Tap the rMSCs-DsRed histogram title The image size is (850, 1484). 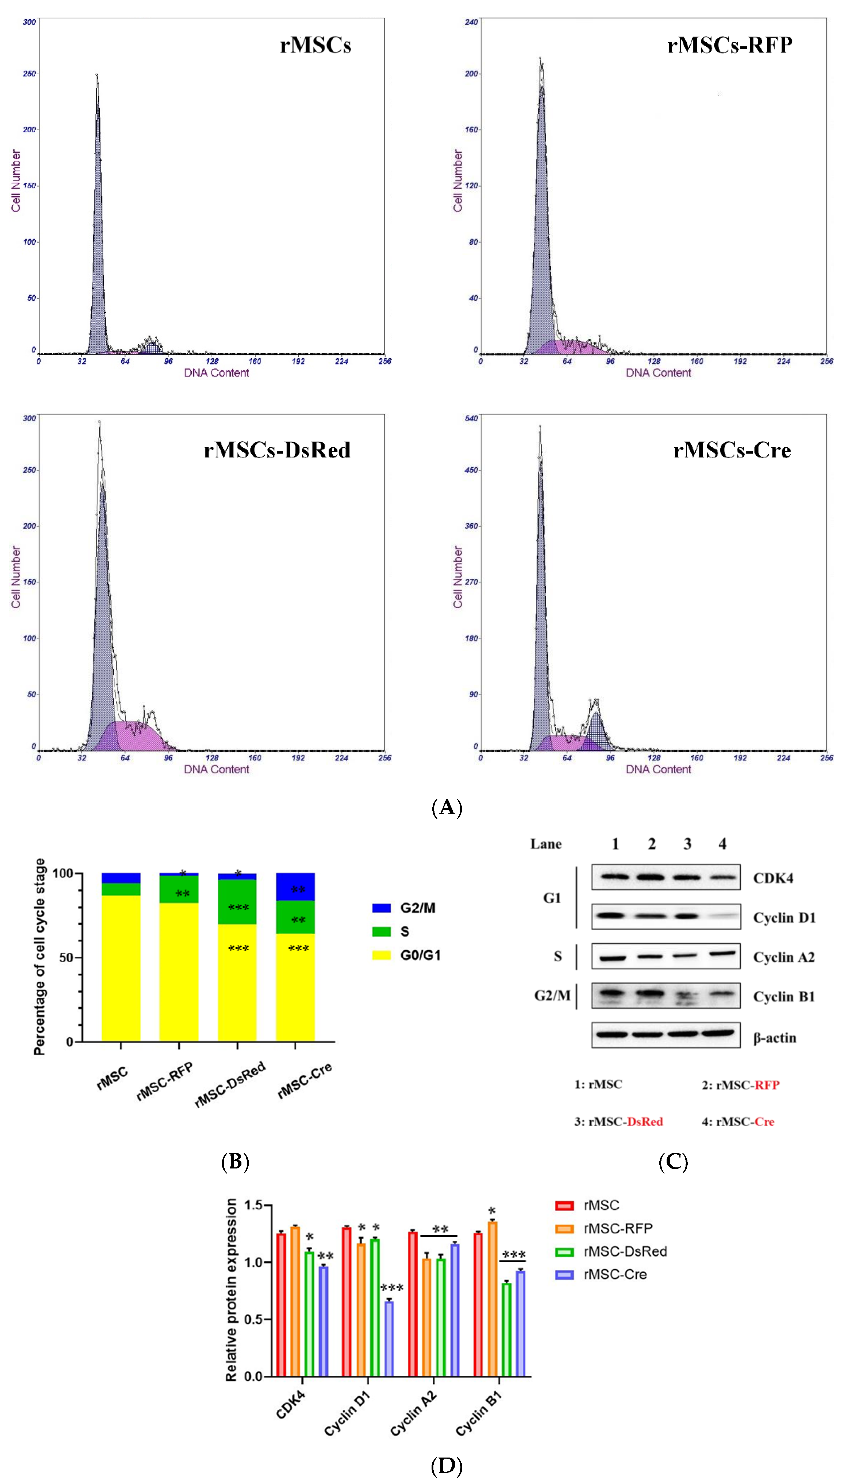[277, 450]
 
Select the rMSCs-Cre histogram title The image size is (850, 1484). [732, 450]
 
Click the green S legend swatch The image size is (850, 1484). [381, 932]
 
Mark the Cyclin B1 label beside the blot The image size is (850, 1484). [783, 997]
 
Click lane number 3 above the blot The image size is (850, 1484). [687, 844]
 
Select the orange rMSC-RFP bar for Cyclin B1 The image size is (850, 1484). [492, 1299]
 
